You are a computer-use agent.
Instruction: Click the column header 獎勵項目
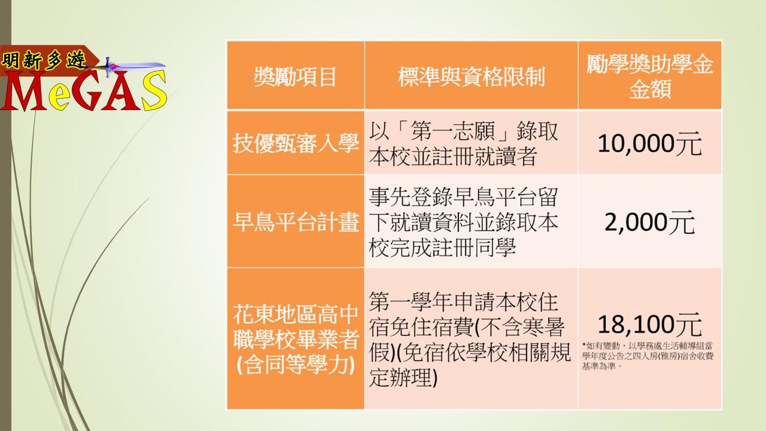point(295,76)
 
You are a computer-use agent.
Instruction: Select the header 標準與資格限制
point(471,76)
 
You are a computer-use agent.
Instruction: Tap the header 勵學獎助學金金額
point(650,76)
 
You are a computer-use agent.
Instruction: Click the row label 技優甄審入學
point(296,143)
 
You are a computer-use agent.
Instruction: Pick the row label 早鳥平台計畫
point(296,221)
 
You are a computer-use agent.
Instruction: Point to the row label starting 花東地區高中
point(296,339)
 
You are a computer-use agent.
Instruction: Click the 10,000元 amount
point(650,144)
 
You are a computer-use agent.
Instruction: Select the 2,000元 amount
point(650,222)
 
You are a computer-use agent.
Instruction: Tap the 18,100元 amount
point(650,324)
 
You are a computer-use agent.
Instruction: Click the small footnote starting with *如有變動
point(648,356)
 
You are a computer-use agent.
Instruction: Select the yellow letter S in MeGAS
point(154,90)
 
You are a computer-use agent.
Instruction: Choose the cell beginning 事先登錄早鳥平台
point(463,222)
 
